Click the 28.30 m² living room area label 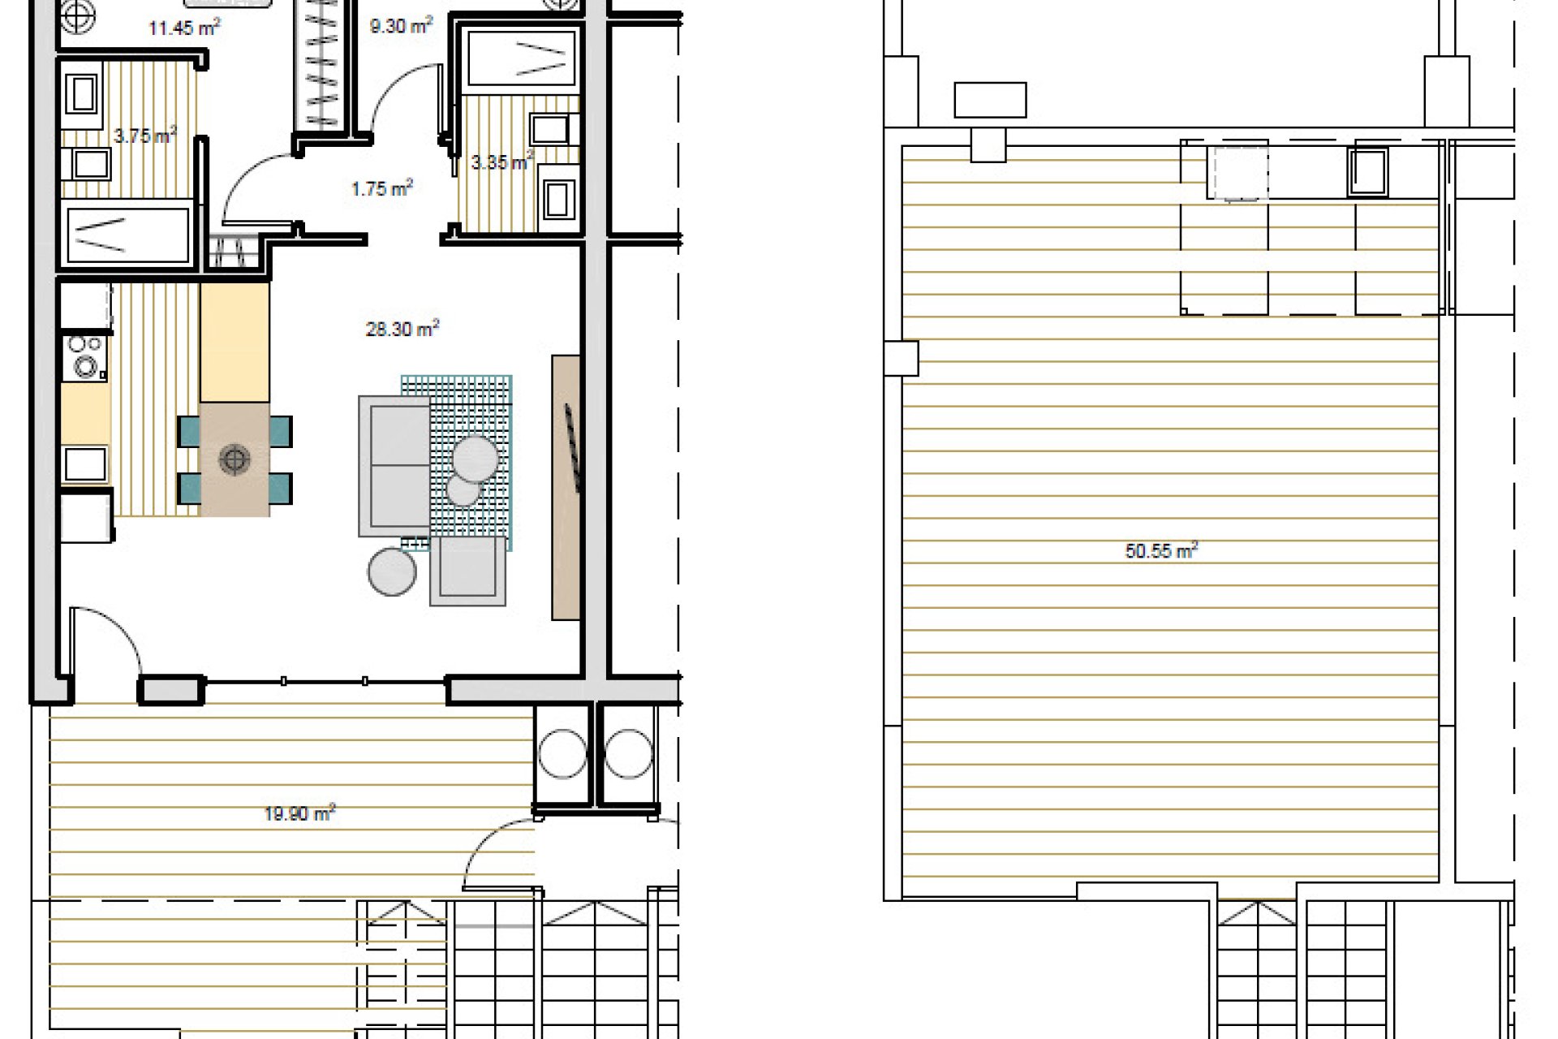pyautogui.click(x=402, y=329)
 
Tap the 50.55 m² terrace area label pyautogui.click(x=1162, y=551)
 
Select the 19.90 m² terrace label pyautogui.click(x=299, y=813)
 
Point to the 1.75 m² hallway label pyautogui.click(x=382, y=188)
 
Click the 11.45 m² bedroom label pyautogui.click(x=184, y=28)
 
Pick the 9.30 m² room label pyautogui.click(x=401, y=26)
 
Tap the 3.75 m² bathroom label pyautogui.click(x=145, y=136)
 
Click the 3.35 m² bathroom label pyautogui.click(x=502, y=162)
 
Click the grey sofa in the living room pyautogui.click(x=395, y=465)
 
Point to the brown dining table pyautogui.click(x=235, y=459)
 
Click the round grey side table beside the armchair pyautogui.click(x=392, y=571)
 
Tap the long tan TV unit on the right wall pyautogui.click(x=566, y=487)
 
